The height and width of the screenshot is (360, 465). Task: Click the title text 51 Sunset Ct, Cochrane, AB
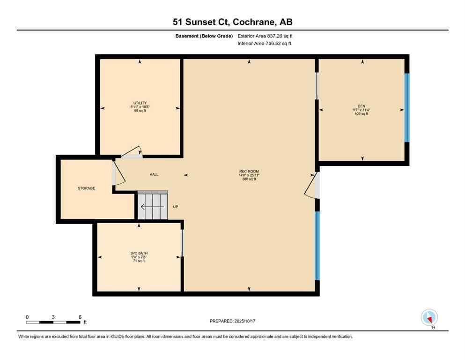pos(232,22)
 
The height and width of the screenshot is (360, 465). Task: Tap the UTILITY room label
pos(140,103)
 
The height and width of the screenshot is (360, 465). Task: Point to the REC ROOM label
pos(249,171)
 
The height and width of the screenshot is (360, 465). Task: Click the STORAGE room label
pos(86,188)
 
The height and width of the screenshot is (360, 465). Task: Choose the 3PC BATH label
pos(139,253)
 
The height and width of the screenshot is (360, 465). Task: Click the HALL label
pos(154,175)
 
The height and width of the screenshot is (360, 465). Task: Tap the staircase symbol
pos(152,205)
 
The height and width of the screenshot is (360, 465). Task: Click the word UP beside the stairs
pos(176,207)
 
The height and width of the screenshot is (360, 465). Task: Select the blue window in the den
pos(406,107)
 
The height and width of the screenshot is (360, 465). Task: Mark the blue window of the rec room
pos(317,246)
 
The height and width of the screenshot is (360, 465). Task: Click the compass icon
pos(429,317)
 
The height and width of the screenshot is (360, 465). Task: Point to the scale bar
pos(54,322)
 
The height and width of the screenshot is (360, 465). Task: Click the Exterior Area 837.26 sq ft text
pos(265,36)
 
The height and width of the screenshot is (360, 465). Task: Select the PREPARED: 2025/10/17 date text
pos(232,321)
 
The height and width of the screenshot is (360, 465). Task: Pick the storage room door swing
pos(118,173)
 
